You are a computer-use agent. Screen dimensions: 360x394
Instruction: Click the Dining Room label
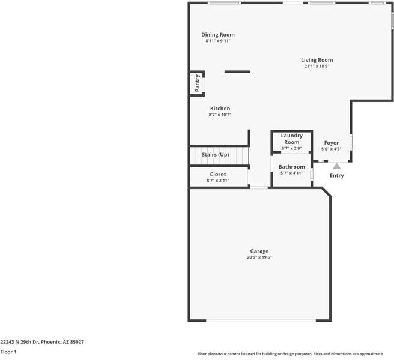218,35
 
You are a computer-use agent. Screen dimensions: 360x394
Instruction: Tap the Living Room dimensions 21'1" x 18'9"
317,67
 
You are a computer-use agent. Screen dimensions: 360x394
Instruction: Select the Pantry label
197,84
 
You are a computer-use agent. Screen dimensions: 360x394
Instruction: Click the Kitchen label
220,109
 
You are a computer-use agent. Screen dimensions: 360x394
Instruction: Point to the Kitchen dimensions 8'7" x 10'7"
220,115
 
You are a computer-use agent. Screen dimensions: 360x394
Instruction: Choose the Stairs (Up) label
215,155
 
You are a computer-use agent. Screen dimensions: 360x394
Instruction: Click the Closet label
218,175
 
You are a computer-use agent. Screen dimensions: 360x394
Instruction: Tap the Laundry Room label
291,139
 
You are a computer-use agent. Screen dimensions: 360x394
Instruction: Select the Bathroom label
291,167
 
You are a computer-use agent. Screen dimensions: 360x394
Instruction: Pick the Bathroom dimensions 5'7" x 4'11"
291,173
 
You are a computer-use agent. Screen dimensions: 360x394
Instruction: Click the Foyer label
331,143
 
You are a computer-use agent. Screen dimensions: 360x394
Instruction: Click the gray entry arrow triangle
337,166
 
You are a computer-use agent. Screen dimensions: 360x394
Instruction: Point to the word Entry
337,176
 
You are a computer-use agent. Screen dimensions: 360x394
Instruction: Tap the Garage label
259,251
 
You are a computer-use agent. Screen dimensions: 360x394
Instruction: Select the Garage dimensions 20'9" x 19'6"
259,257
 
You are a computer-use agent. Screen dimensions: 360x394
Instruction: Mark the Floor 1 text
8,352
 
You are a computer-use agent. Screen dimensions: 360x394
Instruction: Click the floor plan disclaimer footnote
294,355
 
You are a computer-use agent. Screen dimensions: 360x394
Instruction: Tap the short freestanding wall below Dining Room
237,72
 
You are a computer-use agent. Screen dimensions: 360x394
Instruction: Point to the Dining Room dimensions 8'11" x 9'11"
218,41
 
